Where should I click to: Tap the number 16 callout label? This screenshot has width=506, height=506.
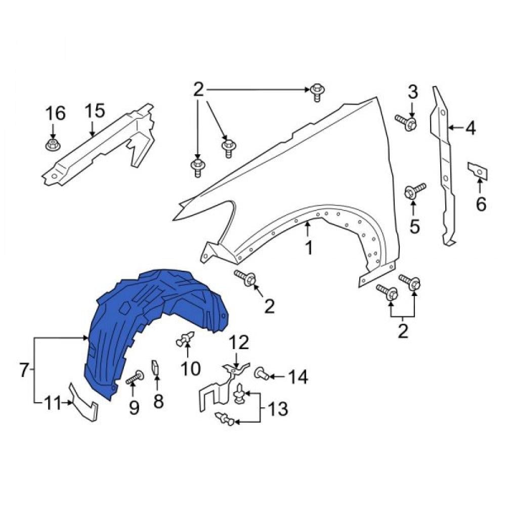coord(56,113)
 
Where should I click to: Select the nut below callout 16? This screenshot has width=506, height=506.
coord(53,145)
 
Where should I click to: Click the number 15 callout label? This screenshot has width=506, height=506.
coord(95,111)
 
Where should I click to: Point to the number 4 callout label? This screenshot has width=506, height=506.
coord(470,129)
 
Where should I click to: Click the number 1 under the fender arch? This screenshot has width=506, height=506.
coord(309,248)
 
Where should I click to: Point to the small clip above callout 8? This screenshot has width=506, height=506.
coord(155,367)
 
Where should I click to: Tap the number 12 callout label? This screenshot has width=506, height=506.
coord(239,343)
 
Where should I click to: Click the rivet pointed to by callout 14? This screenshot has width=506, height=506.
coord(262,374)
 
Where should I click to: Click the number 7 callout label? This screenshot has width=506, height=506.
coord(24,370)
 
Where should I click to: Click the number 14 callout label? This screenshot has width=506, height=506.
coord(298,377)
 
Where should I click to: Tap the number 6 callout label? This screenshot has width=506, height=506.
coord(481,204)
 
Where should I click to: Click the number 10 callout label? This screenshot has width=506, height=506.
coord(190,368)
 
